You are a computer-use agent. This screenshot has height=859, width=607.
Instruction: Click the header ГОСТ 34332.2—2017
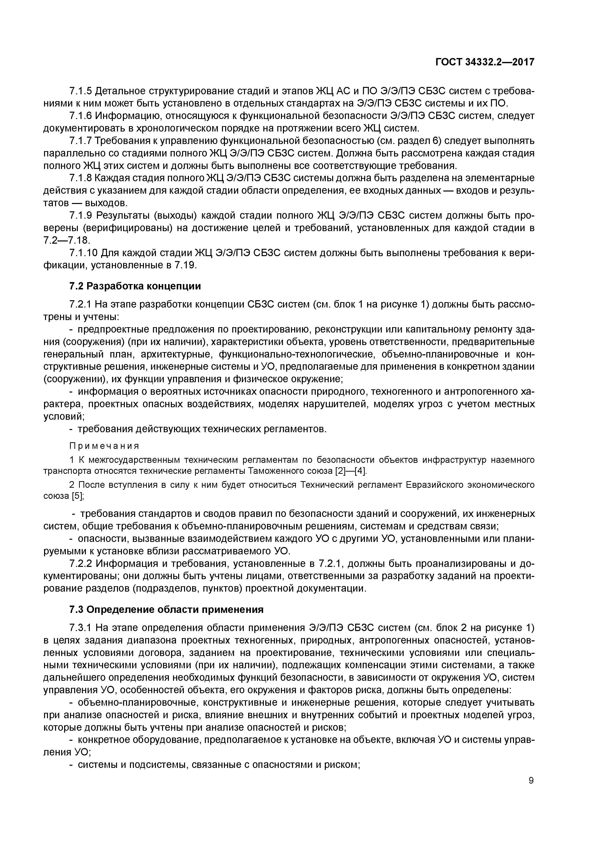pos(485,62)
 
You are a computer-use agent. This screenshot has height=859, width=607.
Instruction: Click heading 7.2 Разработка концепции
pos(135,286)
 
